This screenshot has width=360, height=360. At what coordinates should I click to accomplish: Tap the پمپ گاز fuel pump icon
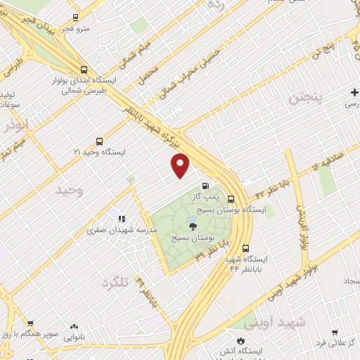point(205,186)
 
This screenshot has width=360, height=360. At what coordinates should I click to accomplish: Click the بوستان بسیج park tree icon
point(193,226)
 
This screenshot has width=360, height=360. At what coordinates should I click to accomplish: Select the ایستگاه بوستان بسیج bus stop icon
point(252,198)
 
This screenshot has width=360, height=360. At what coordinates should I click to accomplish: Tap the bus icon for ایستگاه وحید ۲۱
point(99,141)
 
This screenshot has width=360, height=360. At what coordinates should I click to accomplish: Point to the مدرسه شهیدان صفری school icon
point(122,219)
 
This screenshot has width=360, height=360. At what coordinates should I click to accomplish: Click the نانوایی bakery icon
point(75,327)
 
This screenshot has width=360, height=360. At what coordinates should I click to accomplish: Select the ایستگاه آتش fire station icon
point(242,340)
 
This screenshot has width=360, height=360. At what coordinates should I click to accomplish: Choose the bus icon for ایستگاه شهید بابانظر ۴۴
point(246,248)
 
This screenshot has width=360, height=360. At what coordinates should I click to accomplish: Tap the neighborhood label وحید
point(70,191)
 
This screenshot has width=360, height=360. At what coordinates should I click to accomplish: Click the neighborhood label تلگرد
point(117,282)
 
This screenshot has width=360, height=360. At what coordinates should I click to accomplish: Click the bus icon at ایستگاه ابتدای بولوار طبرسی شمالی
point(84,70)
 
